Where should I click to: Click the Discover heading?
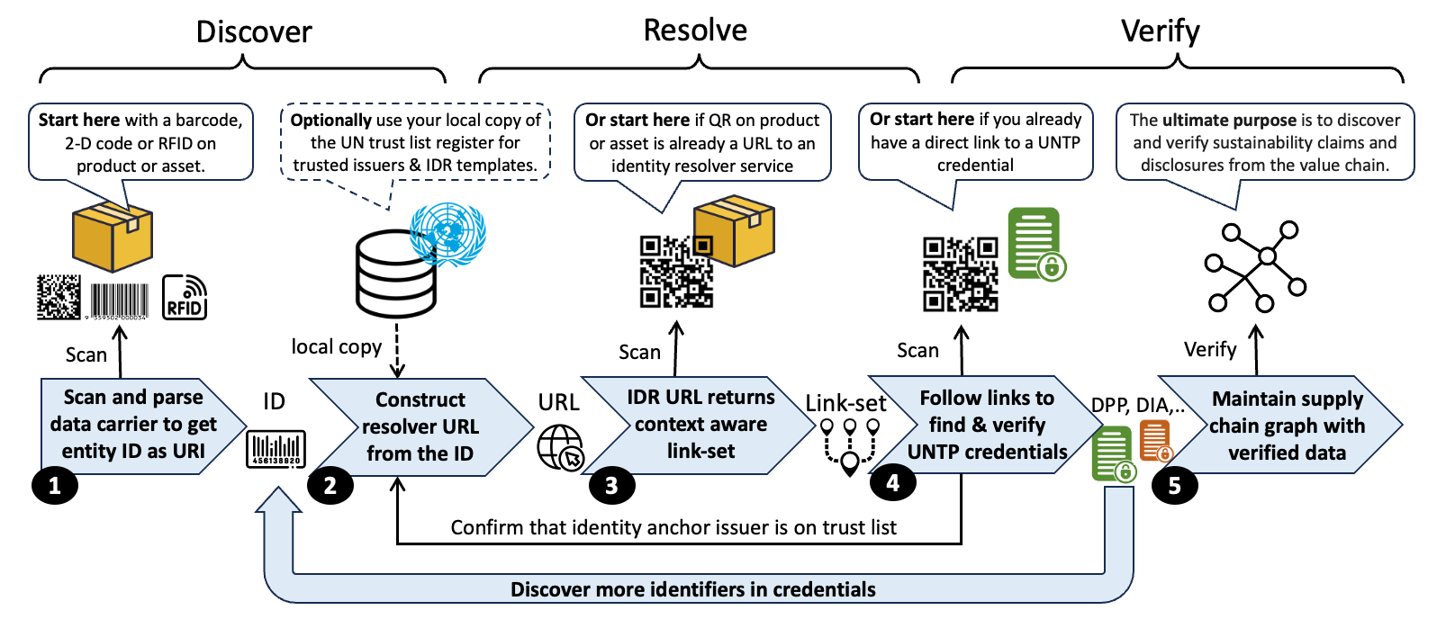coord(254,32)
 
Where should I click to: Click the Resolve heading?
coord(695,31)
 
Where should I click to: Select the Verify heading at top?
coord(1160,31)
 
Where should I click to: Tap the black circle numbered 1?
coord(55,486)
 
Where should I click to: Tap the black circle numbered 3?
coord(611,486)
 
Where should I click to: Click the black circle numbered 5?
coord(1174,486)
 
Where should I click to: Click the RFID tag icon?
coord(185,298)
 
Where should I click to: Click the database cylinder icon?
coord(396,274)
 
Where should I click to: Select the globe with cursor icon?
coord(561,447)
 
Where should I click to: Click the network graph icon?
coord(1255,266)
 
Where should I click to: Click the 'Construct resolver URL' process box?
coord(420,426)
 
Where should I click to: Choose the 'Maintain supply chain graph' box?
coord(1286,426)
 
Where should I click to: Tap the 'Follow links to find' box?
coord(986,425)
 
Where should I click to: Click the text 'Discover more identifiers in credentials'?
coord(692,589)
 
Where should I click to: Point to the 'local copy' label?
coord(336,347)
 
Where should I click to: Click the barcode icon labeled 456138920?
coord(276,449)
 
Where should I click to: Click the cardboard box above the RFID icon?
coord(113,237)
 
